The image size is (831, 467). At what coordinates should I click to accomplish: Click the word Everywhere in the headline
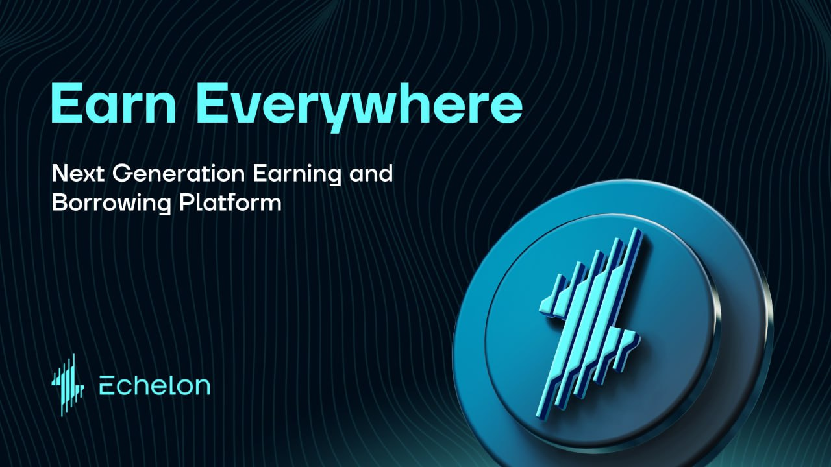tap(359, 108)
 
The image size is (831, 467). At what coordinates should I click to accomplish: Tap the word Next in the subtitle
tap(78, 173)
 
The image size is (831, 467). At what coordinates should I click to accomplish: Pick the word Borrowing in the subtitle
tap(111, 204)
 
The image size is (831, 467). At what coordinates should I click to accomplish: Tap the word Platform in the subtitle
tap(230, 202)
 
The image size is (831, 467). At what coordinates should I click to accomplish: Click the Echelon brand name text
tap(155, 385)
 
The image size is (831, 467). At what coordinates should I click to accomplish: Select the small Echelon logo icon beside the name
tap(68, 385)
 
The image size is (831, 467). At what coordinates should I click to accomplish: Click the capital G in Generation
tap(122, 173)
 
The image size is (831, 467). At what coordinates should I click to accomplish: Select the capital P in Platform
tap(187, 202)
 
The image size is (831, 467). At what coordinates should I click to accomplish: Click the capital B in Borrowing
tap(60, 202)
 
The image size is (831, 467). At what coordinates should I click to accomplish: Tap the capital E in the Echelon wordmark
tap(107, 385)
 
